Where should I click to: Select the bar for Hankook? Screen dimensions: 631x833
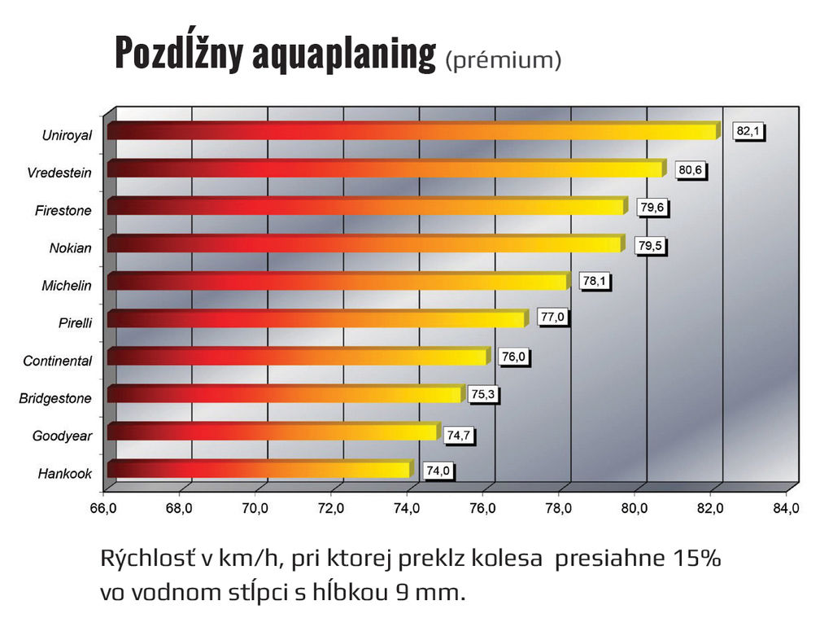pyautogui.click(x=259, y=469)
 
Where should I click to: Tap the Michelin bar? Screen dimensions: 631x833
pyautogui.click(x=338, y=281)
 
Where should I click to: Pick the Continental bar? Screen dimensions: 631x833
pyautogui.click(x=298, y=356)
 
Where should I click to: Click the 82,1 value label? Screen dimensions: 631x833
pyautogui.click(x=749, y=131)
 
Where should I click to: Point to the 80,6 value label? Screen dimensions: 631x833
pyautogui.click(x=691, y=170)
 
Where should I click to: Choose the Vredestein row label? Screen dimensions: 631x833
pyautogui.click(x=59, y=173)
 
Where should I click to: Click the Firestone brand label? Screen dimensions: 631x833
pyautogui.click(x=63, y=210)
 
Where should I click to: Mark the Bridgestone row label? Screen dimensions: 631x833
pyautogui.click(x=55, y=398)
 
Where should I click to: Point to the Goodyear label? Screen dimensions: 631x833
pyautogui.click(x=62, y=436)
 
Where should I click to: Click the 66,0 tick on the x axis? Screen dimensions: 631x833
pyautogui.click(x=103, y=508)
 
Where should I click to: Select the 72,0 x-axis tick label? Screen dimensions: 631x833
pyautogui.click(x=331, y=508)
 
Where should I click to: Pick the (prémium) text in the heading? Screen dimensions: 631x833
pyautogui.click(x=504, y=60)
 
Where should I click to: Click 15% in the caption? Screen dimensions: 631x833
pyautogui.click(x=697, y=560)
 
